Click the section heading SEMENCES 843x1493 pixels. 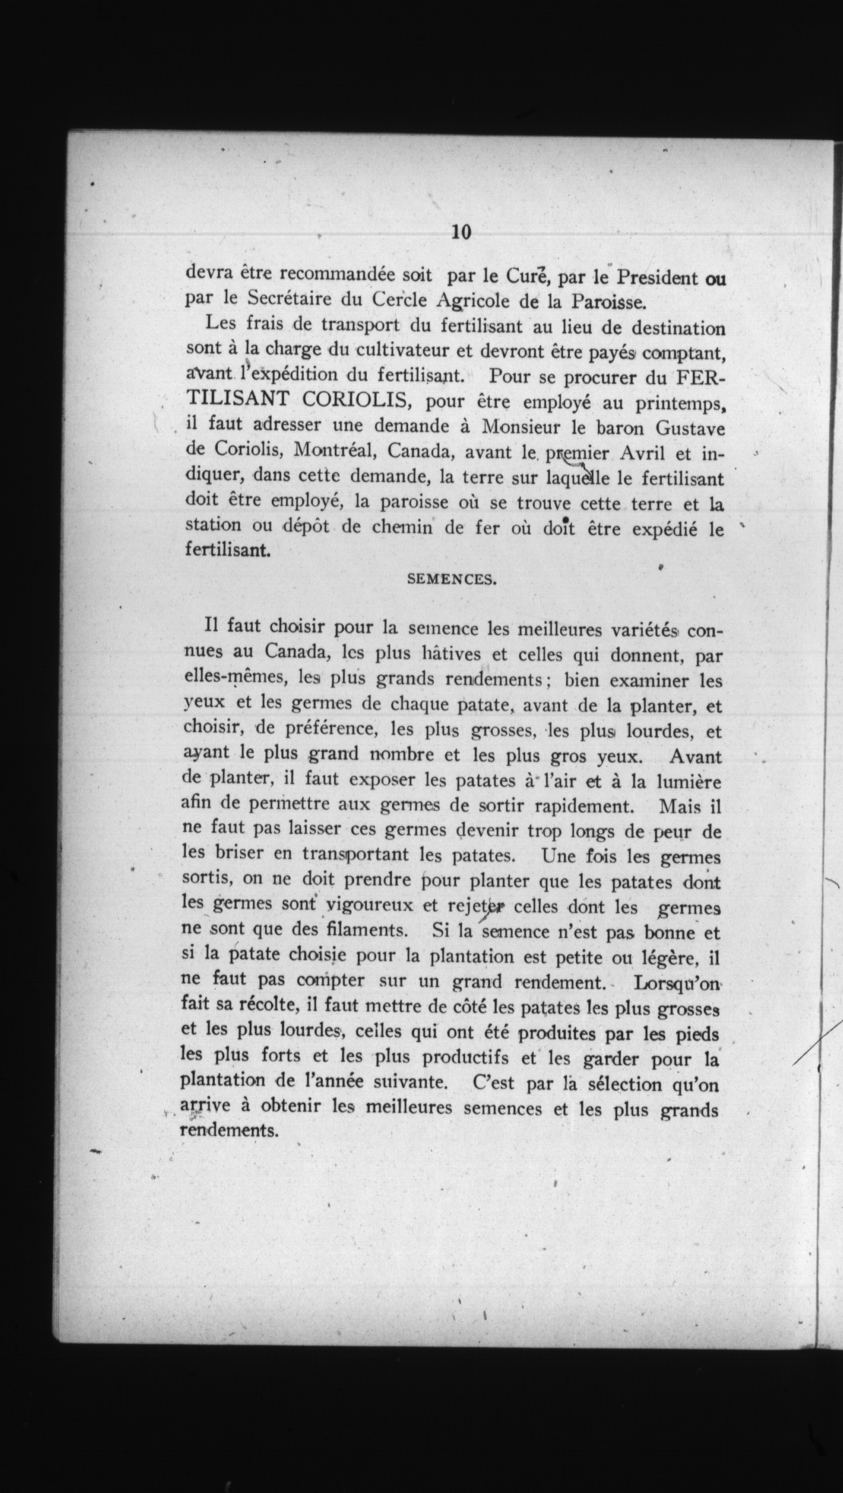(x=452, y=579)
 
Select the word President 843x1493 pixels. (x=656, y=277)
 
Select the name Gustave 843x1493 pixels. (x=690, y=428)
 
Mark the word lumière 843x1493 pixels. (x=689, y=782)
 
